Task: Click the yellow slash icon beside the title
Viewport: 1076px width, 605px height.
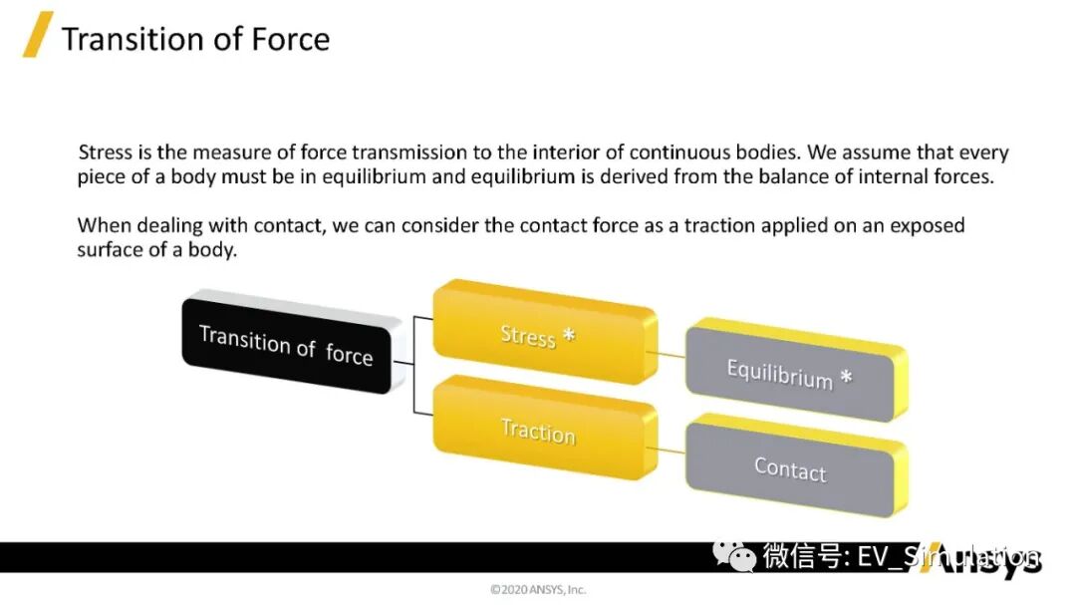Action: point(38,35)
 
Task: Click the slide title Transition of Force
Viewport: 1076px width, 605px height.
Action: point(195,39)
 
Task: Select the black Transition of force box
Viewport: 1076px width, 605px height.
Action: point(286,346)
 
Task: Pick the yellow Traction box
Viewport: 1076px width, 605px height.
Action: point(544,430)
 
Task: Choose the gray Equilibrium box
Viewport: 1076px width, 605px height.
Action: point(794,374)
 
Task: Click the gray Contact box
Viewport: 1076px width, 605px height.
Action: point(794,468)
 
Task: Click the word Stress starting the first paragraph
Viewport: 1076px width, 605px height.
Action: point(105,152)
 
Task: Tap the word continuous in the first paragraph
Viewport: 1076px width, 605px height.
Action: point(675,152)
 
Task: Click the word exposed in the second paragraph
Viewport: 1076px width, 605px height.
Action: point(924,224)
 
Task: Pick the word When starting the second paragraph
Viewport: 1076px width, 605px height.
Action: point(104,224)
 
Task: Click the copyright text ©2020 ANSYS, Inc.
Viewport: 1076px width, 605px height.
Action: point(538,589)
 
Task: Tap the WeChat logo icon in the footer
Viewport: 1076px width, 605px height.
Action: point(739,557)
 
